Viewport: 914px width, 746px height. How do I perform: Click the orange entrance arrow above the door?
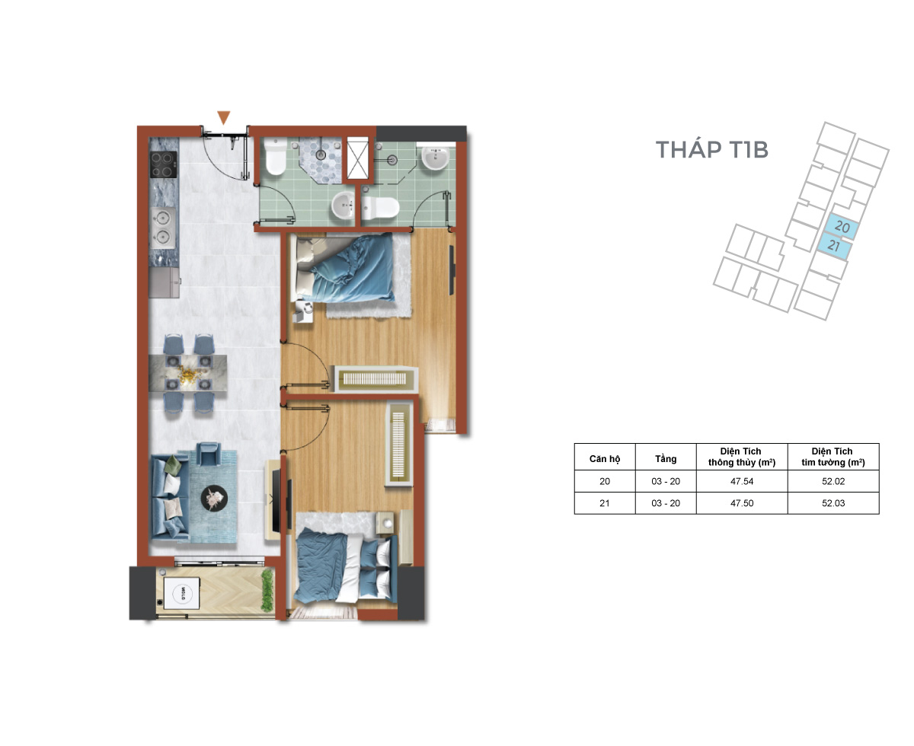tap(224, 117)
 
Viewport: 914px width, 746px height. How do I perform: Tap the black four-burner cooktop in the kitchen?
tap(164, 164)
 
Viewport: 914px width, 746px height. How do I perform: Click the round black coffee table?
tap(214, 498)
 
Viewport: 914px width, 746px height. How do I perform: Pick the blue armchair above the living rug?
tap(208, 454)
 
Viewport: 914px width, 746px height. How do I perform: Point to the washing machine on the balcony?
tap(182, 593)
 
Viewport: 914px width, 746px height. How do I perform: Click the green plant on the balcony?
tap(267, 591)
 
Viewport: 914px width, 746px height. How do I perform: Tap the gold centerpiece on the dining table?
tap(187, 373)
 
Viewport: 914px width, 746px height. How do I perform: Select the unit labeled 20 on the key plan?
tap(841, 226)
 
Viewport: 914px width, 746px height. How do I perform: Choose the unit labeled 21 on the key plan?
tap(834, 246)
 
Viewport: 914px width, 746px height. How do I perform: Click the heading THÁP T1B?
tap(711, 150)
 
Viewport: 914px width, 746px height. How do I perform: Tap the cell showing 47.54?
tap(742, 481)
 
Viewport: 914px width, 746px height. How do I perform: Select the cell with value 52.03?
tap(833, 503)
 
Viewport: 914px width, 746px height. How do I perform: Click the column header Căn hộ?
tap(605, 459)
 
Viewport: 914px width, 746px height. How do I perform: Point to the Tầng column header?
tap(666, 459)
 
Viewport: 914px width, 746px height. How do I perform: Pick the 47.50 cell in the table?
tap(742, 503)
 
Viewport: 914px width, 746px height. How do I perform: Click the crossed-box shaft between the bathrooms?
tap(357, 158)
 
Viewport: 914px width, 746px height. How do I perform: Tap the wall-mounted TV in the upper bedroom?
tap(452, 270)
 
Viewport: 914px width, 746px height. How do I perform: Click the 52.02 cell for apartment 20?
tap(833, 481)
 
